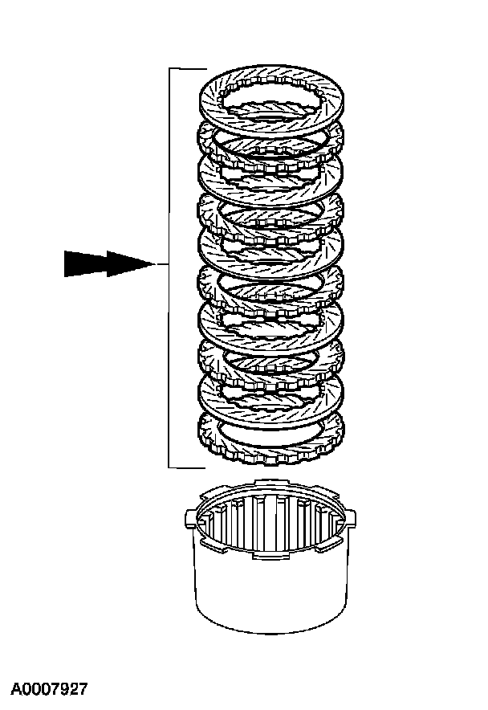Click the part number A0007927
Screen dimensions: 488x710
click(49, 689)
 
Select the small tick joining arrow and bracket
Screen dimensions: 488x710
click(161, 264)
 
